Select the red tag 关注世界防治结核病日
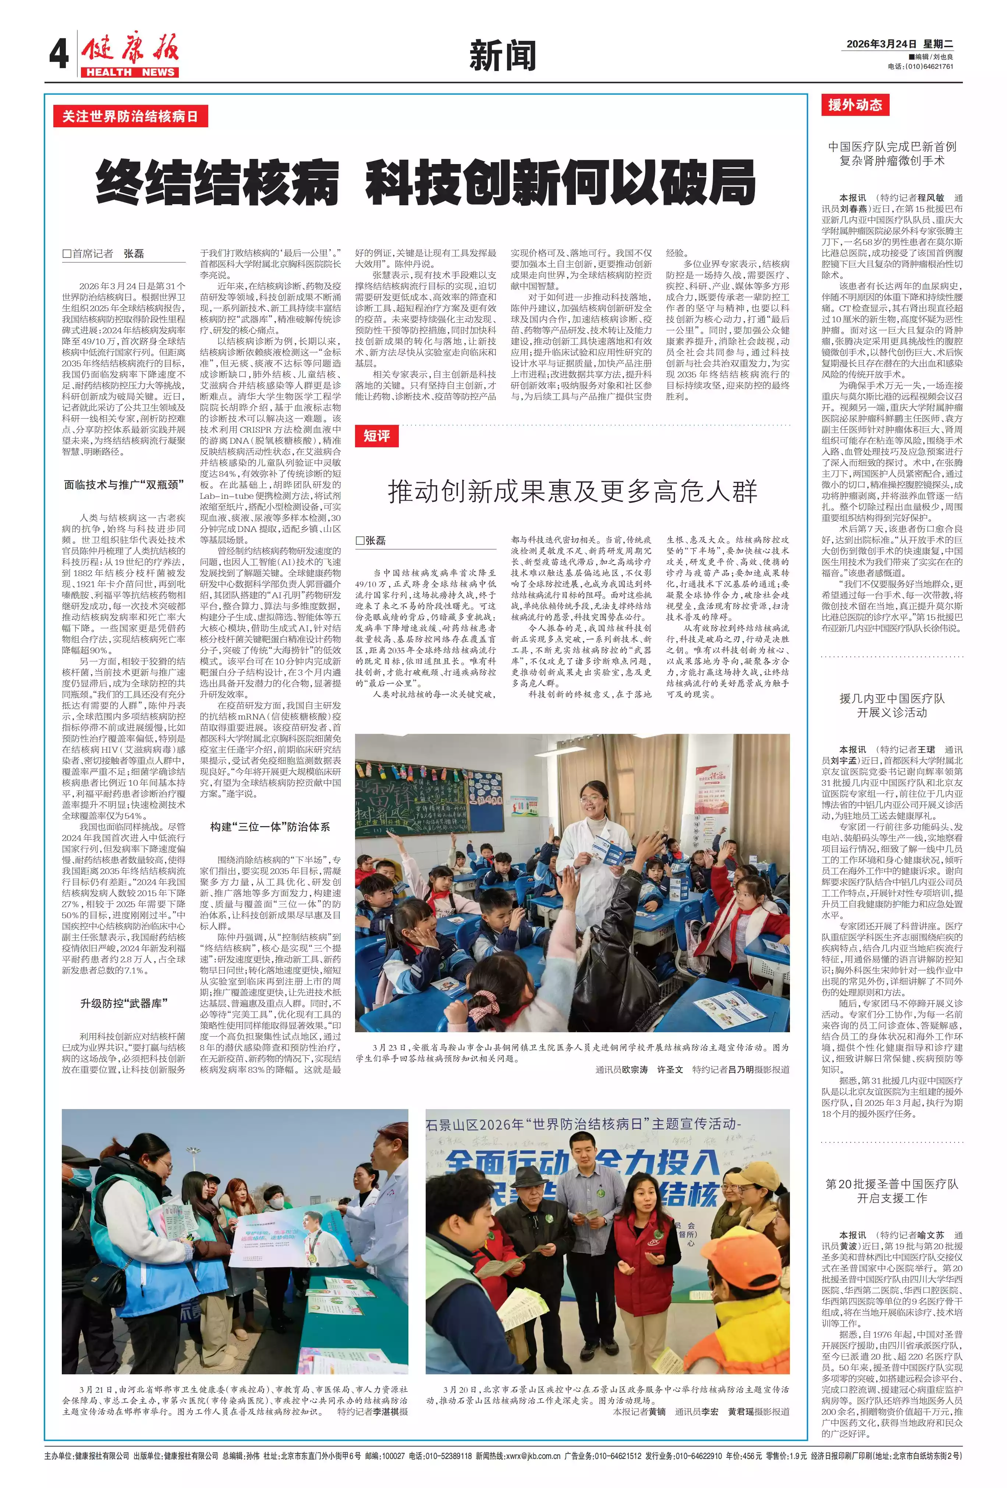[130, 117]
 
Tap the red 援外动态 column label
[855, 105]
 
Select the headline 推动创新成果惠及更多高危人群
[572, 492]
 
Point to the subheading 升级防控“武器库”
[124, 1003]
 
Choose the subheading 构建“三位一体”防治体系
[270, 827]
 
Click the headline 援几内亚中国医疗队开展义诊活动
[892, 706]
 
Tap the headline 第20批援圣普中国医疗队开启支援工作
[892, 1191]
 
